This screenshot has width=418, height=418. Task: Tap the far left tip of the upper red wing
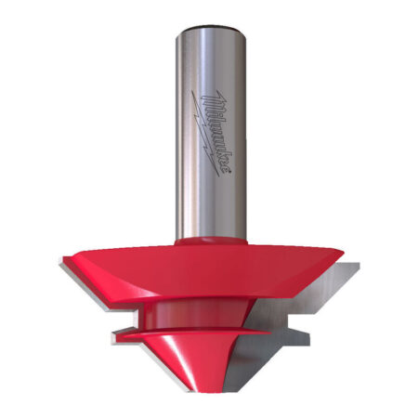pyautogui.click(x=62, y=263)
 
